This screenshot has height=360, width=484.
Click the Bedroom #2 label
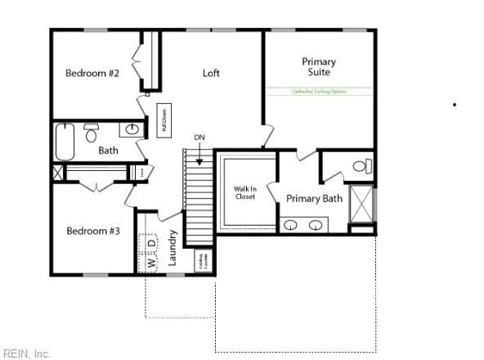92,74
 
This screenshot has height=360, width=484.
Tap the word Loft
211,74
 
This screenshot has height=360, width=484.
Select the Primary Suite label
318,67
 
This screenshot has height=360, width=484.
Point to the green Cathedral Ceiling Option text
319,92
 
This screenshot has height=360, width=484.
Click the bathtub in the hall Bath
65,141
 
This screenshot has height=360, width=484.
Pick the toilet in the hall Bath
92,133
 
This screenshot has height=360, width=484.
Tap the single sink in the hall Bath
132,129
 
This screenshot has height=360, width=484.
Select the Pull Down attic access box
164,119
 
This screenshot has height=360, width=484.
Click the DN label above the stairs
199,137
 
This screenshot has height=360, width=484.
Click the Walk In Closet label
245,192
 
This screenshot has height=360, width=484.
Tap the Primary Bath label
314,199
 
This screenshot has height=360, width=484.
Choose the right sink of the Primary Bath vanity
316,225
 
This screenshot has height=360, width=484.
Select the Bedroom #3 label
92,232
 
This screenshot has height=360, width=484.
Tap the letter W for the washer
151,263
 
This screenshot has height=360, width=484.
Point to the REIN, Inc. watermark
26,353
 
